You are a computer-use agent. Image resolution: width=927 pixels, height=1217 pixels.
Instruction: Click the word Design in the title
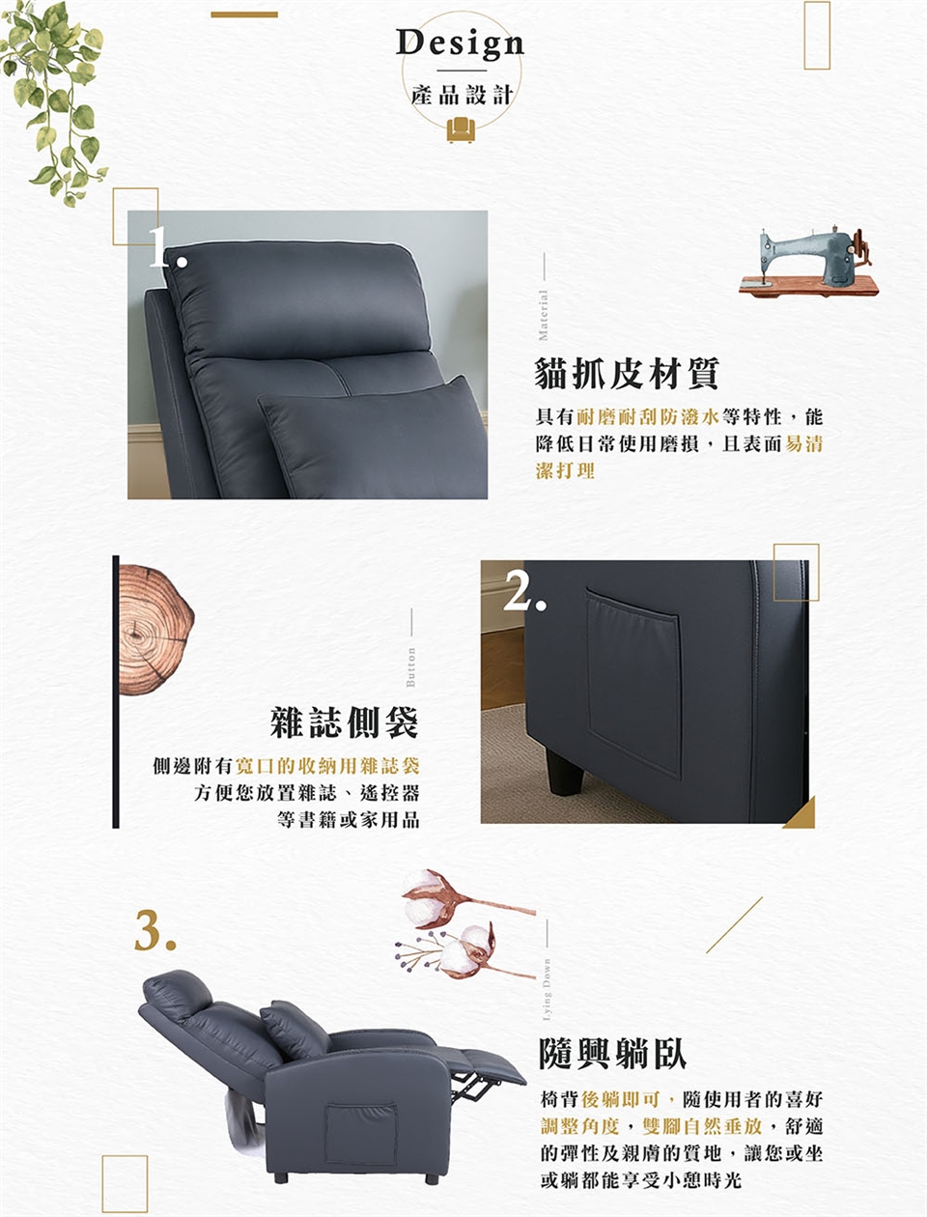click(460, 43)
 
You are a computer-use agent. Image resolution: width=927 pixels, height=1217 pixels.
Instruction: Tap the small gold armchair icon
click(461, 129)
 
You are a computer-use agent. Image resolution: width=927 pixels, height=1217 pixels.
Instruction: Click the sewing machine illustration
click(808, 261)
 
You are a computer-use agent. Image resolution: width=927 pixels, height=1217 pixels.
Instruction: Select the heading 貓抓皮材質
click(627, 373)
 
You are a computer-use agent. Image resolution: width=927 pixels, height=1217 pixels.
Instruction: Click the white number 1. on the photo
click(167, 248)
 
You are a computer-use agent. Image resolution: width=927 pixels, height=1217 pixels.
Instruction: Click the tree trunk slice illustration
click(156, 630)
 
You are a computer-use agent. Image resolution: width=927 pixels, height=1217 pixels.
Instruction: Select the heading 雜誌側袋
click(344, 722)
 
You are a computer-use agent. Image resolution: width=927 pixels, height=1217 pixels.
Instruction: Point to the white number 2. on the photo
click(524, 588)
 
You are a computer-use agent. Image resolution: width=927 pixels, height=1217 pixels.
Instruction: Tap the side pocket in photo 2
click(633, 683)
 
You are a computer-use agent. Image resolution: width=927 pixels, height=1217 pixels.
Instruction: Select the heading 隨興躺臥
click(613, 1054)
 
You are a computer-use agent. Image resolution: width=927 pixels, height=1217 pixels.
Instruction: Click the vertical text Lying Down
click(547, 990)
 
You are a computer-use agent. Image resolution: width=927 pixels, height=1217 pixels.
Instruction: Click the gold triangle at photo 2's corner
click(802, 814)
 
